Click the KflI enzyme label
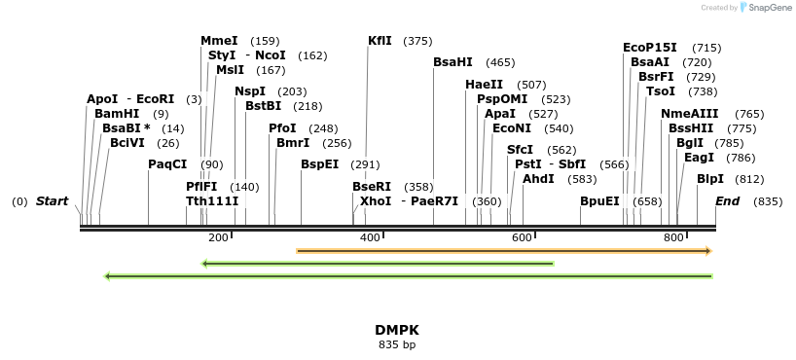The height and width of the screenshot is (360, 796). [x=380, y=41]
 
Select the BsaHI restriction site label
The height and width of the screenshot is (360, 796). [x=452, y=62]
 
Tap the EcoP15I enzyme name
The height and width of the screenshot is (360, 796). [x=650, y=48]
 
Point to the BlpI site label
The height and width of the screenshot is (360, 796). [x=710, y=179]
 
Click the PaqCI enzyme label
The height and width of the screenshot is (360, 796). [x=167, y=164]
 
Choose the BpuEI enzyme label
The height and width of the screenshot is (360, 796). [x=599, y=201]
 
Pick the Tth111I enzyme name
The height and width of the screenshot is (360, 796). [x=212, y=201]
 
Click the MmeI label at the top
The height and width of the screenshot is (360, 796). [x=219, y=41]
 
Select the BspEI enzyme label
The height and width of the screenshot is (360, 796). [x=319, y=164]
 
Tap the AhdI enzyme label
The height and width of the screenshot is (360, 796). [x=538, y=179]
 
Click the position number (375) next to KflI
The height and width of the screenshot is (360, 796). [x=417, y=41]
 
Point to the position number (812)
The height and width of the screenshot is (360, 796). [x=749, y=179]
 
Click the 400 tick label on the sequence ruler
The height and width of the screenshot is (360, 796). [x=370, y=238]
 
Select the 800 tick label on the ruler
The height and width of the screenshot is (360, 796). [x=673, y=238]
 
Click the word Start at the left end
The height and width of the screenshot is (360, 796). [x=53, y=201]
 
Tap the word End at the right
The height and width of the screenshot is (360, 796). [x=728, y=201]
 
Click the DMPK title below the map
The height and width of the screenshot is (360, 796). [x=397, y=330]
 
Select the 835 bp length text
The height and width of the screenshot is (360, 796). [x=397, y=344]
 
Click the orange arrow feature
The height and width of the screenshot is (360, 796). [x=504, y=251]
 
